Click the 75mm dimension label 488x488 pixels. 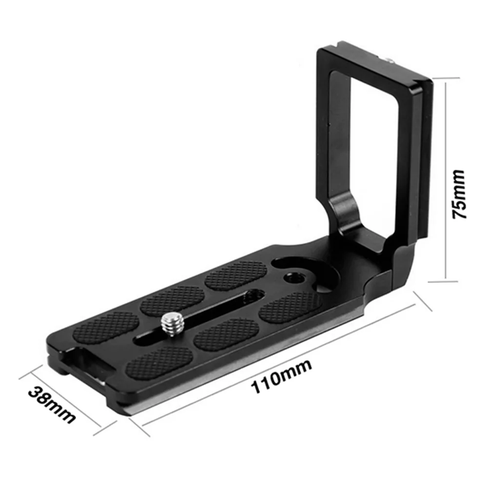tap(459, 194)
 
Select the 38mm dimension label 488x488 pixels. tap(52, 405)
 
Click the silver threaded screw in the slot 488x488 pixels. tap(170, 326)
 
